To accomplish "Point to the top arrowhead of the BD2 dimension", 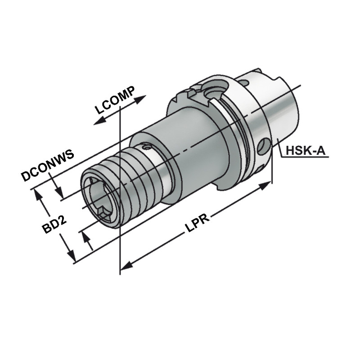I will point(37,193).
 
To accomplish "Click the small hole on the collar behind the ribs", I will point(145,147).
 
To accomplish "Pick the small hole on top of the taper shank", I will point(244,82).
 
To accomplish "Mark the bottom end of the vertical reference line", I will point(120,273).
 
